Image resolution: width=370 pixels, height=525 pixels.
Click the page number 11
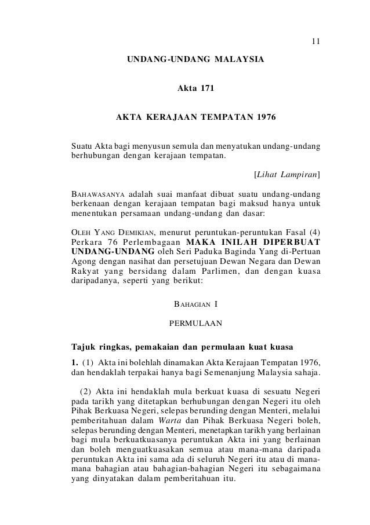pyautogui.click(x=315, y=42)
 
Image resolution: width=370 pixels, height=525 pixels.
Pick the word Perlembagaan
pyautogui.click(x=152, y=244)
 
